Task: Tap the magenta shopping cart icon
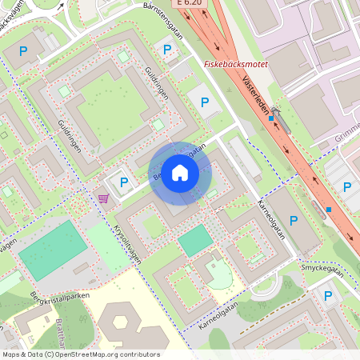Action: click(102, 198)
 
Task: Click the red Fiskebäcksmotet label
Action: click(236, 63)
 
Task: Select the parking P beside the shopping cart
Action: click(124, 182)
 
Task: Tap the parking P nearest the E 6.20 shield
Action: click(167, 50)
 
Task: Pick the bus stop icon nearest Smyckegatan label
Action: click(329, 210)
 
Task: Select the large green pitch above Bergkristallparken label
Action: click(51, 250)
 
